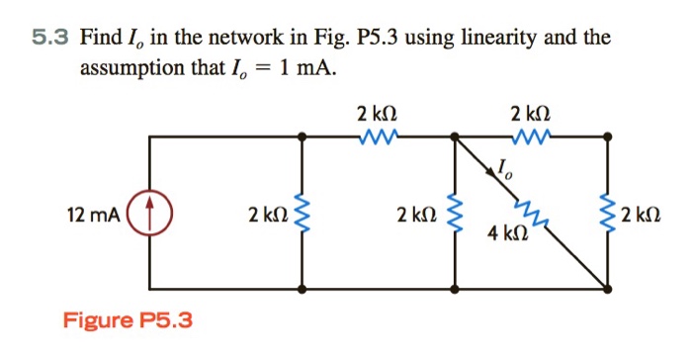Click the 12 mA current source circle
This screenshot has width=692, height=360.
coord(149,212)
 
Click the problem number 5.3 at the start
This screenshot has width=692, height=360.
coord(47,39)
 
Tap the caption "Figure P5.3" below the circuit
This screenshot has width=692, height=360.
coord(129,320)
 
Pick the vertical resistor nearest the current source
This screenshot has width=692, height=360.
coord(302,213)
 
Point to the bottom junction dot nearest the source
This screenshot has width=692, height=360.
coord(302,289)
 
